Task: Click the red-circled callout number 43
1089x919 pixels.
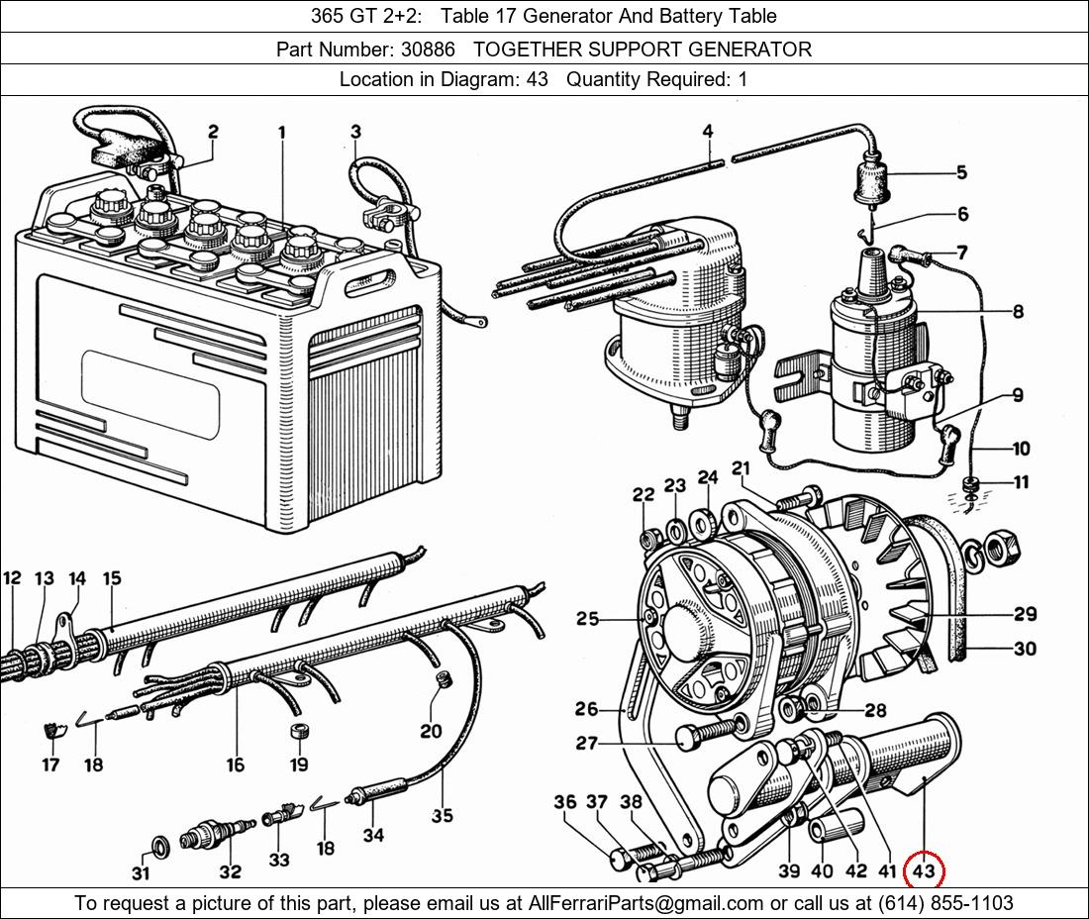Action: [x=923, y=871]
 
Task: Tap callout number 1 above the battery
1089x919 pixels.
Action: [x=282, y=132]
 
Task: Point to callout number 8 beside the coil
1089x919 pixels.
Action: [x=1017, y=311]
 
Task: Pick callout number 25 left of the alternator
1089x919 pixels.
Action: [x=588, y=619]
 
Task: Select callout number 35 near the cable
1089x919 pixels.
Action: [x=442, y=815]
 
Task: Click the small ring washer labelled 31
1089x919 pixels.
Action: [x=158, y=845]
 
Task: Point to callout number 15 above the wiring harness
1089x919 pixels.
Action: [x=112, y=578]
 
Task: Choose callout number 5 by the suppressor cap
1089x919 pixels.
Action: [x=961, y=172]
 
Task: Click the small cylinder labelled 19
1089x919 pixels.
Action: [x=299, y=734]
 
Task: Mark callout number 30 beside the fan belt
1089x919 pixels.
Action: [x=1025, y=649]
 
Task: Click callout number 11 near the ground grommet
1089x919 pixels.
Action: [x=1021, y=482]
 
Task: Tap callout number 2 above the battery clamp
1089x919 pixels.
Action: [x=213, y=132]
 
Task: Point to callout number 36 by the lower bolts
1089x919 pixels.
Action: [x=564, y=801]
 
